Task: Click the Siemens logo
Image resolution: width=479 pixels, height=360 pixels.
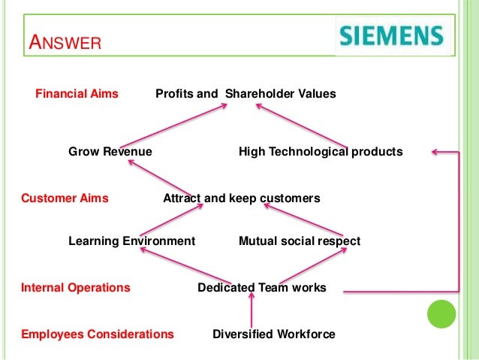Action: [390, 34]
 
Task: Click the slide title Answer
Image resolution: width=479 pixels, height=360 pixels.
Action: [64, 43]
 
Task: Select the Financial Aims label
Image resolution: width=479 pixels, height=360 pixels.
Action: [77, 94]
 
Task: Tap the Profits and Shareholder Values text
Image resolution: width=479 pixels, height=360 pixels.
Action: [246, 94]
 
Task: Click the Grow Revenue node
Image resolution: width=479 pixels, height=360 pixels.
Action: [110, 152]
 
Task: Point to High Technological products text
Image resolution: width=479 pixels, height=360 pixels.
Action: [321, 152]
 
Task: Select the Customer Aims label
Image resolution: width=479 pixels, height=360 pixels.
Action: [65, 198]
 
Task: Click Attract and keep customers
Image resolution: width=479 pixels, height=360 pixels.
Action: [242, 198]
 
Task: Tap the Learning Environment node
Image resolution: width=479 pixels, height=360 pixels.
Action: [131, 241]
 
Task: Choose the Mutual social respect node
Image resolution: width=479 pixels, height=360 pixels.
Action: [300, 241]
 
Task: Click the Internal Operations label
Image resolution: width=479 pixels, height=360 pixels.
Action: [75, 288]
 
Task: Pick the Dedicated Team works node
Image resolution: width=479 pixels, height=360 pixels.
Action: [262, 288]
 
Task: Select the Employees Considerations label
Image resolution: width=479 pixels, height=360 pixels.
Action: [98, 334]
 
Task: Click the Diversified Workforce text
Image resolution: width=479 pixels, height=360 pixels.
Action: [274, 334]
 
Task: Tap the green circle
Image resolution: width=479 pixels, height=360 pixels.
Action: [441, 314]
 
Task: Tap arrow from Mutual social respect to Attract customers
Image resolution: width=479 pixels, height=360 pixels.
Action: [303, 217]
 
